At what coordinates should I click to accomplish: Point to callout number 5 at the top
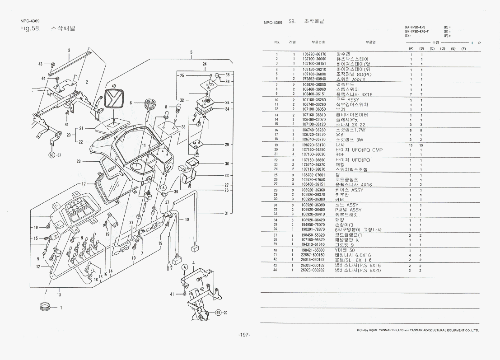pos(192,52)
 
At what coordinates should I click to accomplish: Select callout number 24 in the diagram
pos(204,64)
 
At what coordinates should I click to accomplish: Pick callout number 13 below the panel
pos(59,295)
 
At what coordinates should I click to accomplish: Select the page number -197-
pos(244,335)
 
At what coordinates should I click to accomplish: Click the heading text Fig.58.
pos(30,28)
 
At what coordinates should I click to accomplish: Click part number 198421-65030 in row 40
pos(313,250)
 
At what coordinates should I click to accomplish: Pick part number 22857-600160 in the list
pos(313,255)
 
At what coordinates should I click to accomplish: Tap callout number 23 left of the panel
pos(79,161)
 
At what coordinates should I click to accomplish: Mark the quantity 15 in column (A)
pos(411,145)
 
